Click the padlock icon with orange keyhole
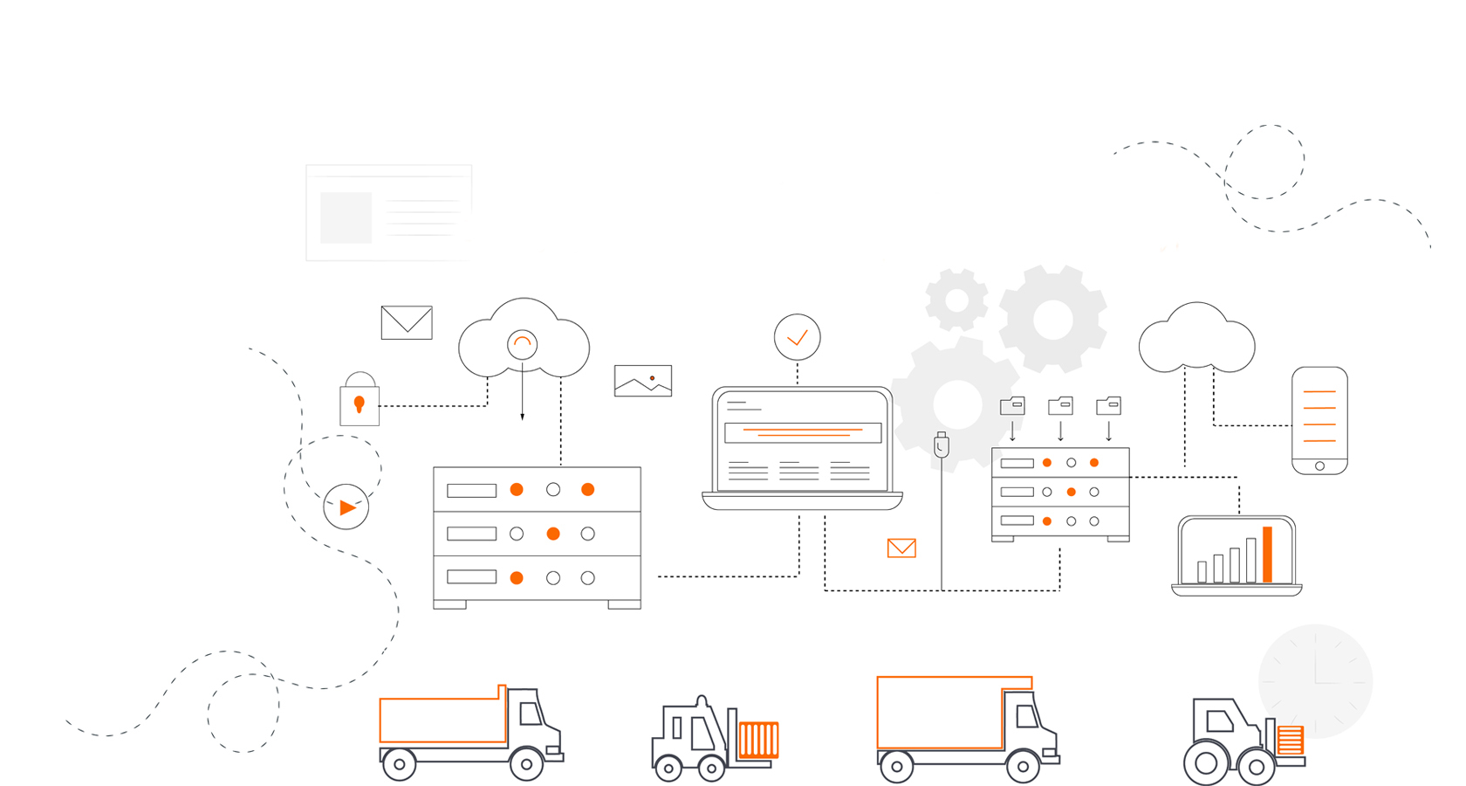(360, 403)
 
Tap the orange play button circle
(346, 507)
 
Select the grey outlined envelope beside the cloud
(407, 322)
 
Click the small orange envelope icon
(901, 548)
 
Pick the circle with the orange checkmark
(797, 337)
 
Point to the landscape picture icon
(643, 381)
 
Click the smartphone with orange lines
(1319, 419)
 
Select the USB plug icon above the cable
(941, 445)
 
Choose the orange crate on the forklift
(758, 740)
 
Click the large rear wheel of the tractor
(1206, 763)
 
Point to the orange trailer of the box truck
(940, 712)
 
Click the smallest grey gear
(956, 300)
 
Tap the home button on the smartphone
(1319, 466)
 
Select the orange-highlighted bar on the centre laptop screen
(803, 432)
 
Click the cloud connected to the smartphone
(1196, 341)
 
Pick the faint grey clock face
(1315, 681)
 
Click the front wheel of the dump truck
(526, 764)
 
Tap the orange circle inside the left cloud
(522, 344)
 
